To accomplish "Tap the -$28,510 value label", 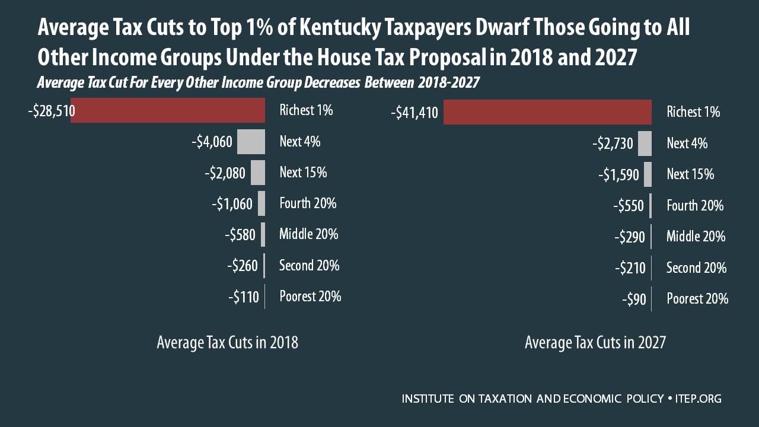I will tap(51, 111).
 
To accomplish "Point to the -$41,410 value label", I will tap(414, 113).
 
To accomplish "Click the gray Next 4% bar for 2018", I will tap(251, 142).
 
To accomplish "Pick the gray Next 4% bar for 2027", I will tap(645, 144).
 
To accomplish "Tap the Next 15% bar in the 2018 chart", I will tap(258, 173).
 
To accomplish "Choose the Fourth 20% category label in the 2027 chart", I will tap(695, 206).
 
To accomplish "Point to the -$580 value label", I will tap(240, 235).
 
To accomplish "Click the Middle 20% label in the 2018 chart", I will tap(308, 234).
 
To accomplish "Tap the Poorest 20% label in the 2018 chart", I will tap(310, 296).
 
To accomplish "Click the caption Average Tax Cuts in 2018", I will tap(227, 343).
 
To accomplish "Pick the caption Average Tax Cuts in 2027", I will tap(595, 343).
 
